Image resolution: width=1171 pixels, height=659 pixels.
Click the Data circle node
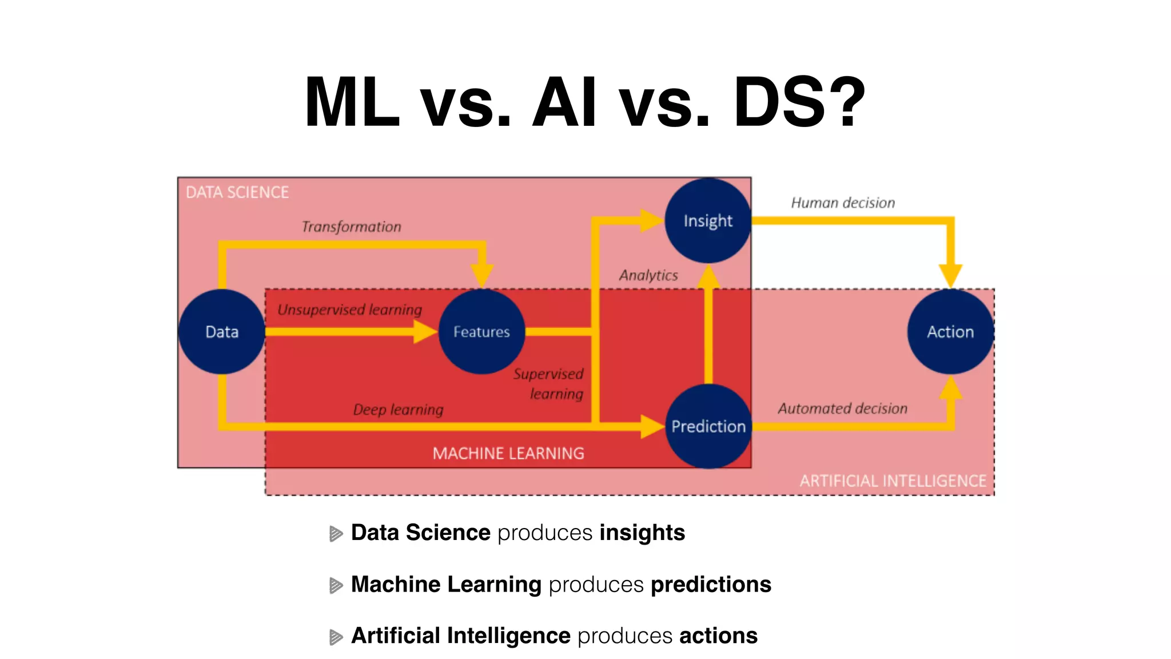tap(222, 332)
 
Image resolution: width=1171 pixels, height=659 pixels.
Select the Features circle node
tap(481, 332)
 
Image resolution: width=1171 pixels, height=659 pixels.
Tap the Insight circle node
tap(708, 221)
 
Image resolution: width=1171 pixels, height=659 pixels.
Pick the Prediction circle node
tap(708, 426)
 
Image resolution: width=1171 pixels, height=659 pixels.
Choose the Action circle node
tap(950, 332)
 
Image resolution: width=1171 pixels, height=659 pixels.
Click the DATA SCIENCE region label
tap(237, 192)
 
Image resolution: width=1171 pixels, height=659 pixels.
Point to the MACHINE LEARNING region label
tap(508, 454)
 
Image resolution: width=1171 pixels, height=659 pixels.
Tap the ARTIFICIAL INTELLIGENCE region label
tap(893, 481)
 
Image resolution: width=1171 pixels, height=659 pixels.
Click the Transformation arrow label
tap(351, 227)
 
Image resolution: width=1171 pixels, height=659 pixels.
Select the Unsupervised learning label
tap(349, 310)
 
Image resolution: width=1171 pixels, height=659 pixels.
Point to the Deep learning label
tap(398, 410)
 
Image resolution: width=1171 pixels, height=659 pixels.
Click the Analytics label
tap(648, 276)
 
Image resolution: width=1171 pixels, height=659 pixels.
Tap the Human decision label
tap(843, 203)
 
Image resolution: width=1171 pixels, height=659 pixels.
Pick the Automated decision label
tap(842, 408)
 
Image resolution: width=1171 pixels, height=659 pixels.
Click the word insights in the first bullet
tap(642, 533)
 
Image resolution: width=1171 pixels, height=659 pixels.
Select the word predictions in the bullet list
tap(711, 584)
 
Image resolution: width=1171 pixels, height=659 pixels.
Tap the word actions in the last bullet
tap(718, 636)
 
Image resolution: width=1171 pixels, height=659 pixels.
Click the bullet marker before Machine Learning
tap(336, 585)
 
